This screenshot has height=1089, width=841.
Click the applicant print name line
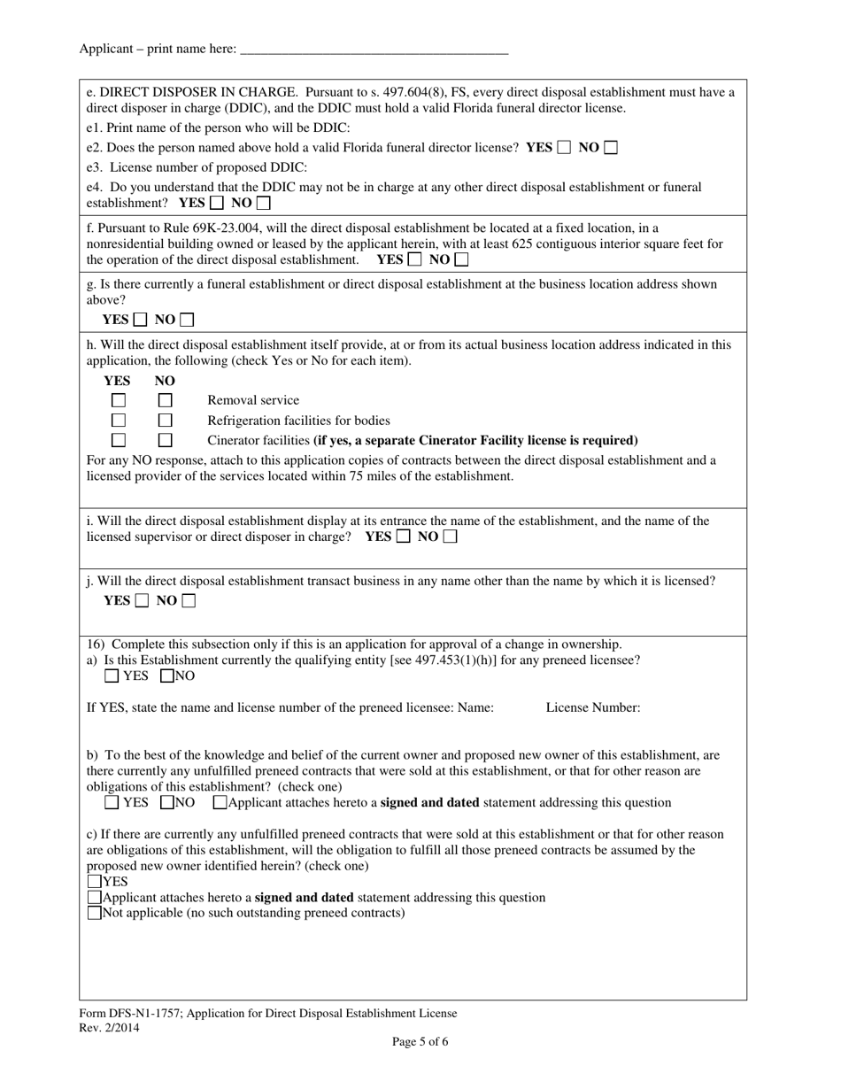(374, 50)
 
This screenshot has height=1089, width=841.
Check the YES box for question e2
(564, 148)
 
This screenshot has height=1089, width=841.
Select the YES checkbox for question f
(414, 259)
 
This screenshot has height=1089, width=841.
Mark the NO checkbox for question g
(187, 320)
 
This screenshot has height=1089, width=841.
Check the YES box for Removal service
(119, 400)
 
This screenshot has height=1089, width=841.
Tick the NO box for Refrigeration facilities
(165, 420)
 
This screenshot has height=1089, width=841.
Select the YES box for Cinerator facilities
(119, 440)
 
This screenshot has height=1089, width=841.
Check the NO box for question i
(450, 537)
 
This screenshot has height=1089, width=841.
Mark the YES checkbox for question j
(142, 601)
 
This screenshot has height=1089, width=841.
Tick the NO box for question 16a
(167, 676)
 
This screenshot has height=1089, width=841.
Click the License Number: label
(592, 707)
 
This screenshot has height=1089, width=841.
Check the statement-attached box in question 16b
(220, 803)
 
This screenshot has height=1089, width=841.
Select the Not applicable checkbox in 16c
(95, 913)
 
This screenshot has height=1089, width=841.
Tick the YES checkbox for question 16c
(95, 882)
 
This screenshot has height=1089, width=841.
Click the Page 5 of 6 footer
(420, 1041)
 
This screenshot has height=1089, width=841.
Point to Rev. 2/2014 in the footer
(109, 1028)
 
